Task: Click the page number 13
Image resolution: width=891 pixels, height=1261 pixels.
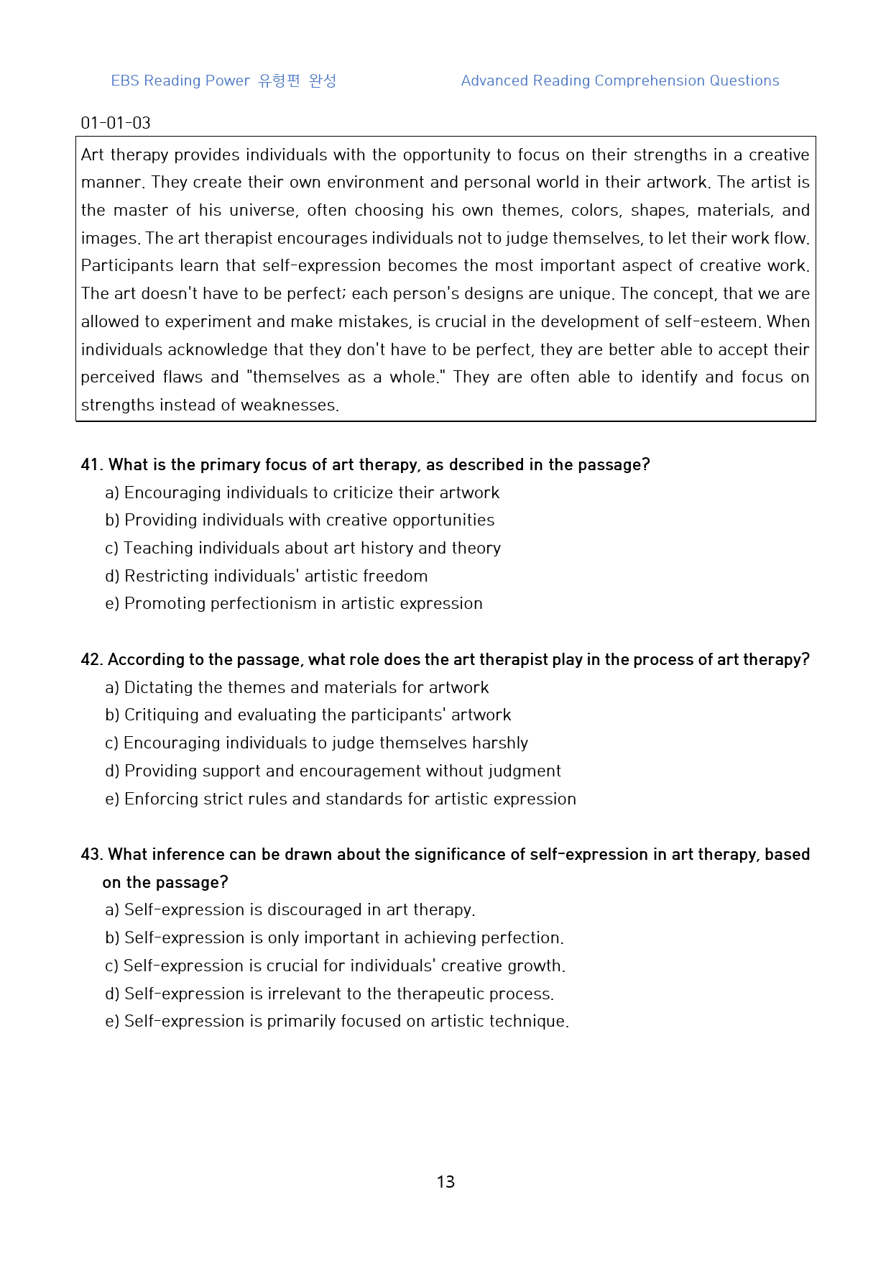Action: pyautogui.click(x=445, y=1182)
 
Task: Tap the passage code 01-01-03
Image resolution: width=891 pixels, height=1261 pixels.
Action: pyautogui.click(x=116, y=123)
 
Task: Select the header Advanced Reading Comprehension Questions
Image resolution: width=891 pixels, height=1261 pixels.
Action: pyautogui.click(x=620, y=81)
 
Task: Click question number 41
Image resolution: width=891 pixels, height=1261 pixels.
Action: pyautogui.click(x=91, y=465)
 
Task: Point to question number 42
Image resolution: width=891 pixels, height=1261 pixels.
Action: pyautogui.click(x=91, y=660)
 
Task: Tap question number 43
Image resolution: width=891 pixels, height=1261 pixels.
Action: pyautogui.click(x=91, y=855)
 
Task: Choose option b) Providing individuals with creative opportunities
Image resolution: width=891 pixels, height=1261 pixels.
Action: pyautogui.click(x=300, y=521)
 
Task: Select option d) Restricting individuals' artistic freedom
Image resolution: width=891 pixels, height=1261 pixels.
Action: pyautogui.click(x=267, y=577)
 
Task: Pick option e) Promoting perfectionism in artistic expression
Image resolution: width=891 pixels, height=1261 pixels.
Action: pyautogui.click(x=294, y=604)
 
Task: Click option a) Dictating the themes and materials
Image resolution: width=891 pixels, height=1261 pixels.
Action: pyautogui.click(x=297, y=688)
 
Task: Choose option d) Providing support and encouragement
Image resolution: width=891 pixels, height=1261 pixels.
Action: pyautogui.click(x=333, y=771)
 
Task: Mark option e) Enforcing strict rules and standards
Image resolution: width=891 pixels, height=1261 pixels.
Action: pyautogui.click(x=341, y=799)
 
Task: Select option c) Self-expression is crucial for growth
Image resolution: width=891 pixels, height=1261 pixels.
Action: pyautogui.click(x=336, y=966)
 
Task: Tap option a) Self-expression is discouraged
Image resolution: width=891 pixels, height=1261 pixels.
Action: pyautogui.click(x=290, y=910)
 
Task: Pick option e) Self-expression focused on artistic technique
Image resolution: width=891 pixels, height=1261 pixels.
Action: pyautogui.click(x=337, y=1022)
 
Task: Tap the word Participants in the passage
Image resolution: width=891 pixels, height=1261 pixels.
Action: pyautogui.click(x=126, y=266)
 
